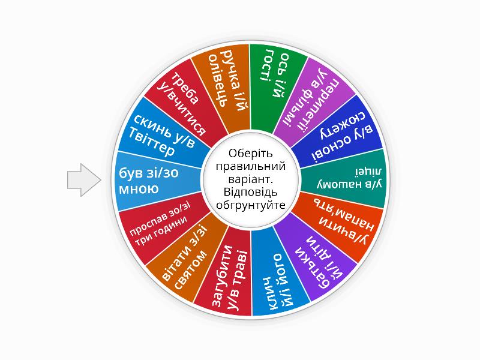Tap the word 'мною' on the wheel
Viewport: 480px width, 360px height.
[x=140, y=190]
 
